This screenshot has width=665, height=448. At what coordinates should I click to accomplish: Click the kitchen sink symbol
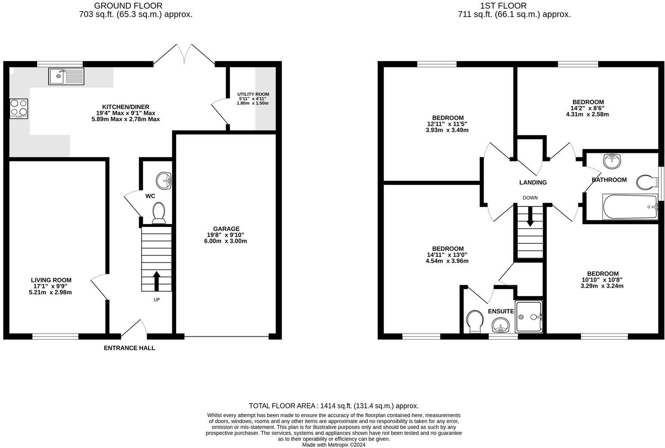pyautogui.click(x=66, y=76)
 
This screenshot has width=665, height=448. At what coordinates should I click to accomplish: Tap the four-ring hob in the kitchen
pyautogui.click(x=19, y=109)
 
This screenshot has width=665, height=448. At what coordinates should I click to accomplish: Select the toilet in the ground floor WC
pyautogui.click(x=158, y=213)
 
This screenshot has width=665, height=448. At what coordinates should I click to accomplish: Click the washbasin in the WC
pyautogui.click(x=164, y=180)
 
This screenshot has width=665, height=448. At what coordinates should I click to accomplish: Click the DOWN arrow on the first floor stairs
pyautogui.click(x=530, y=217)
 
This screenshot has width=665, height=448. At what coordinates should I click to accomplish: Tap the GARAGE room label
pyautogui.click(x=226, y=229)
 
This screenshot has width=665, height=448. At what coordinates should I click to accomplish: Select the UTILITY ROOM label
pyautogui.click(x=253, y=94)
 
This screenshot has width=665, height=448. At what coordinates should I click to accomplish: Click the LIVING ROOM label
pyautogui.click(x=51, y=280)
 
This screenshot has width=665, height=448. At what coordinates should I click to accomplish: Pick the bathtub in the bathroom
pyautogui.click(x=629, y=207)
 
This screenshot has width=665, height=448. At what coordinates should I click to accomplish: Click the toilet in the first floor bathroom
pyautogui.click(x=646, y=182)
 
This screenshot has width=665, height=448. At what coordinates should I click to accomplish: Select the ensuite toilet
pyautogui.click(x=475, y=321)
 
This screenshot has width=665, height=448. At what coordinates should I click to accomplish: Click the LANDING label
pyautogui.click(x=533, y=182)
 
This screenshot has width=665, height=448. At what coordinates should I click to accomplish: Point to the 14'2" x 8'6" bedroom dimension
pyautogui.click(x=587, y=109)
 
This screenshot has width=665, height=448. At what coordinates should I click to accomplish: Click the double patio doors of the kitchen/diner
pyautogui.click(x=184, y=55)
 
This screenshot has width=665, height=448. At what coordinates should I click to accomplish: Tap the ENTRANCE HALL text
pyautogui.click(x=129, y=348)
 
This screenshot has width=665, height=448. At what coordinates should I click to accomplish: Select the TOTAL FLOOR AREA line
pyautogui.click(x=333, y=406)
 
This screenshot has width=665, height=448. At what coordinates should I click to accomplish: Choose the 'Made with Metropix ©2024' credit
pyautogui.click(x=333, y=445)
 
